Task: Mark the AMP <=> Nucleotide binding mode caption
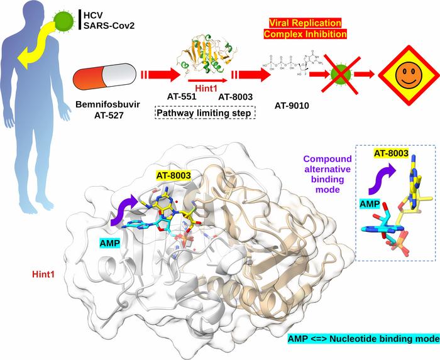[362, 339]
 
